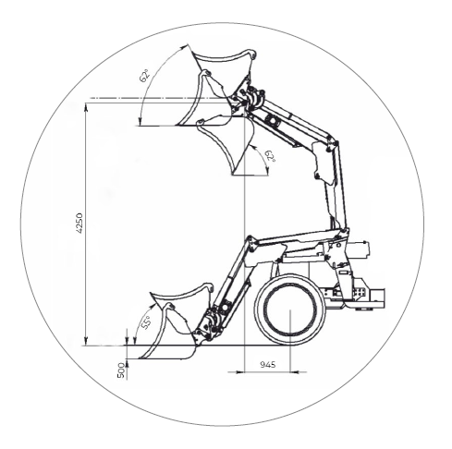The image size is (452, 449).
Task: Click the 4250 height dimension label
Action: pyautogui.click(x=79, y=223)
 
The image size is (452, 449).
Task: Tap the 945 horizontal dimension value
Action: pyautogui.click(x=268, y=365)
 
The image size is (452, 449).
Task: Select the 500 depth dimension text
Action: pyautogui.click(x=121, y=370)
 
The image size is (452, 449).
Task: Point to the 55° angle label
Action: pyautogui.click(x=146, y=322)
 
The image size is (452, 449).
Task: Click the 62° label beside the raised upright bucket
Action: pyautogui.click(x=144, y=76)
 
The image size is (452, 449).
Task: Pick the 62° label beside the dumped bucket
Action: pyautogui.click(x=271, y=156)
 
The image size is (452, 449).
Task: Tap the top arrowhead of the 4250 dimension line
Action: pyautogui.click(x=87, y=107)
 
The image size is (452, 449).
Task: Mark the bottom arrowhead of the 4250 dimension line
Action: pyautogui.click(x=87, y=341)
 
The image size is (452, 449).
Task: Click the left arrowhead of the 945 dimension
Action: pyautogui.click(x=239, y=372)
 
